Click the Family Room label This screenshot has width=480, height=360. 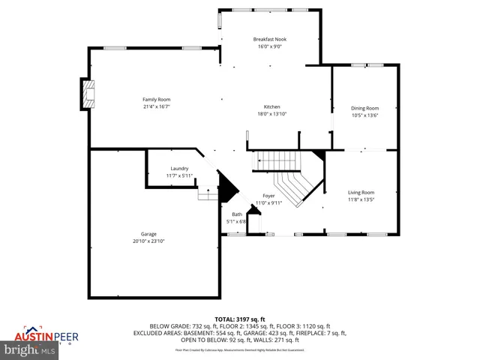click(x=157, y=100)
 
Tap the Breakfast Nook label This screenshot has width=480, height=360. click(x=270, y=39)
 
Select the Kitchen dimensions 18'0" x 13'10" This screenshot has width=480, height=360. click(x=271, y=114)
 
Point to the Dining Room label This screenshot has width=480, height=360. click(x=365, y=108)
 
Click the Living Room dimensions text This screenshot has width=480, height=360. click(x=361, y=199)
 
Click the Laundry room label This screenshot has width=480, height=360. click(x=179, y=169)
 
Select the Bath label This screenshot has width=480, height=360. click(x=236, y=214)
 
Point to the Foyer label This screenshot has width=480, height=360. click(x=268, y=196)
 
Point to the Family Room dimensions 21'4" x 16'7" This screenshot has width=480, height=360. click(x=157, y=106)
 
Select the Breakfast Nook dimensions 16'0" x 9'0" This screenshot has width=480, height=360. click(x=270, y=46)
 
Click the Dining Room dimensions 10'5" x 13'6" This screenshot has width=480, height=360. click(x=365, y=115)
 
